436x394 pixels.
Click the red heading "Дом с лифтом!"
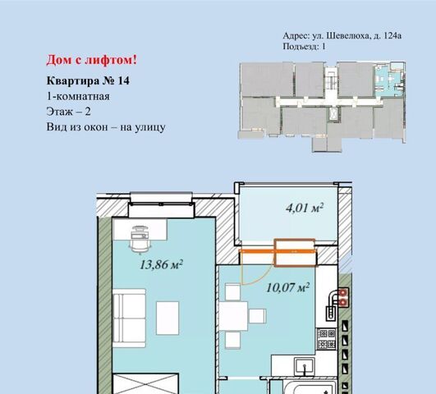point(92,60)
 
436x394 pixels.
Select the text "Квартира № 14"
point(88,80)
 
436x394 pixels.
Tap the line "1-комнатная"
point(78,97)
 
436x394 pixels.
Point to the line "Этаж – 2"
point(68,112)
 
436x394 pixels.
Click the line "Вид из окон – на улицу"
point(106,127)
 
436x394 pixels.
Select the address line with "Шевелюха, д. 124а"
point(342,35)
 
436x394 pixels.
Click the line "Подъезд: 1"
point(304,46)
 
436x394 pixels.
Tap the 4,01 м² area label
point(305,208)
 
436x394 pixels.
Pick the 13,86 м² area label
point(161,264)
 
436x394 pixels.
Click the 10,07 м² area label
point(288,287)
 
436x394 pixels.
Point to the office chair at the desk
point(140,240)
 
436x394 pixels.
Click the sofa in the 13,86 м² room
point(129,318)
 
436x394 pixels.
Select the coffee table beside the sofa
point(168,318)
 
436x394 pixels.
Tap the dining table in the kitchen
point(233,316)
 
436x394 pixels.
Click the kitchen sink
point(305,367)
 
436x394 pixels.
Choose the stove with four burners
point(327,339)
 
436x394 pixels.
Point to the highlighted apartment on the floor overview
point(389,80)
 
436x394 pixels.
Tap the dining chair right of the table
point(257,316)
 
